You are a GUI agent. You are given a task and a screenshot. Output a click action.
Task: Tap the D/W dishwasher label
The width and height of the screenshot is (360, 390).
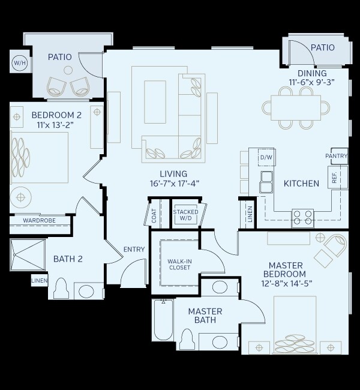tap(266, 158)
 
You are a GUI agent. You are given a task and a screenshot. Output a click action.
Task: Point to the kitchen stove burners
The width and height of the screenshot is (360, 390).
tap(302, 217)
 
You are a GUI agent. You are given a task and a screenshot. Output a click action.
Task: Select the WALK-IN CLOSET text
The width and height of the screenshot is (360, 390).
tap(179, 264)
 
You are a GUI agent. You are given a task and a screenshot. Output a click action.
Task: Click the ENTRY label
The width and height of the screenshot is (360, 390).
tap(133, 249)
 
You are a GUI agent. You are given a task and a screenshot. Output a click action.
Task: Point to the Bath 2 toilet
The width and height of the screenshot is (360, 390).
tap(61, 289)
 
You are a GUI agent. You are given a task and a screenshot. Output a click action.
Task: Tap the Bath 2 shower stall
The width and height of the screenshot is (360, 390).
tap(28, 254)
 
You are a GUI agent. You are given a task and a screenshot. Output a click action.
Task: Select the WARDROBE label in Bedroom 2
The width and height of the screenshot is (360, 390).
tap(39, 221)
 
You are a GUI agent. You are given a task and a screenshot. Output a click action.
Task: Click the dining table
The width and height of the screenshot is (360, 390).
tap(295, 107)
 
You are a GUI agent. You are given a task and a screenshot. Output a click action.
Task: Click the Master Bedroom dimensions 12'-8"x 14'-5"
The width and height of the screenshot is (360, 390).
tap(287, 283)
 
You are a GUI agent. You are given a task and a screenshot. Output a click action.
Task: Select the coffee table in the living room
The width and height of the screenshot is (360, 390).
tap(155, 102)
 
